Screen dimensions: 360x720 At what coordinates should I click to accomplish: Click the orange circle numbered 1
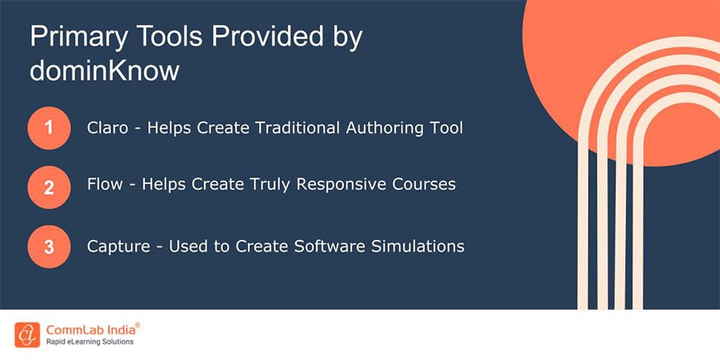point(50,128)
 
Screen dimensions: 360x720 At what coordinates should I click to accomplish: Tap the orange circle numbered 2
point(50,186)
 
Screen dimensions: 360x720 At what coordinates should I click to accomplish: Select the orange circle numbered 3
point(50,246)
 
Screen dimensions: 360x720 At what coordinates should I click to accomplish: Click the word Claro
point(108,127)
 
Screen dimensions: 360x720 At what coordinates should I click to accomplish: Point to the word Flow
point(105,185)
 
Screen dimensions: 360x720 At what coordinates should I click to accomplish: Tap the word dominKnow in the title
point(105,70)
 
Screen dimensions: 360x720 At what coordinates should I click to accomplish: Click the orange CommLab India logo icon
point(28,334)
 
